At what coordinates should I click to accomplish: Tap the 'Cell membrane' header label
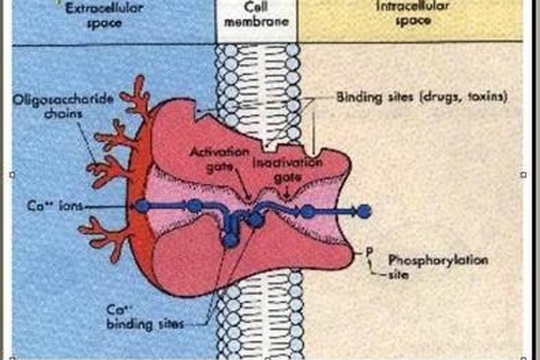coord(256,14)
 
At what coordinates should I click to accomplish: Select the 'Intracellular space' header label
coord(412,13)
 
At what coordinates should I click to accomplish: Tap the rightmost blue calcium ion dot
coord(364,212)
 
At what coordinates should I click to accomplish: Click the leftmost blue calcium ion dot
coord(143,207)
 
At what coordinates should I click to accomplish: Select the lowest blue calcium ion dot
coord(230,240)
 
